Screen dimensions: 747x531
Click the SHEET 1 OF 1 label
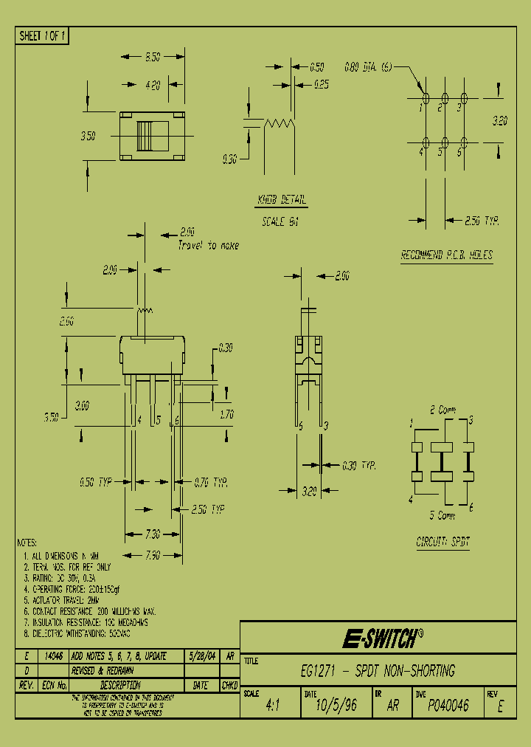pyautogui.click(x=42, y=36)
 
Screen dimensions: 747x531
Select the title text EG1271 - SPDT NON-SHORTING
pyautogui.click(x=378, y=672)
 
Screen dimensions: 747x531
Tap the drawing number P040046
pyautogui.click(x=448, y=706)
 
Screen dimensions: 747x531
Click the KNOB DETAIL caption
pyautogui.click(x=282, y=201)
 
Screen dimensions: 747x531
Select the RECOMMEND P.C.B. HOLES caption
pyautogui.click(x=447, y=255)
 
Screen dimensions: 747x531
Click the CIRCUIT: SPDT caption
pyautogui.click(x=442, y=542)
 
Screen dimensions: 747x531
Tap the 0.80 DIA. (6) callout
pyautogui.click(x=368, y=67)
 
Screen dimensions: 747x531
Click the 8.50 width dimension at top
pyautogui.click(x=153, y=56)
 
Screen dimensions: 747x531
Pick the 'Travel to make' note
pyautogui.click(x=208, y=245)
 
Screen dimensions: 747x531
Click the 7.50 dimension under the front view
pyautogui.click(x=153, y=555)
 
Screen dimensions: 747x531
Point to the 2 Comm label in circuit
pyautogui.click(x=442, y=410)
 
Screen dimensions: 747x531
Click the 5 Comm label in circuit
pyautogui.click(x=442, y=515)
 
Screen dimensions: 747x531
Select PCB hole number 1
pyautogui.click(x=426, y=98)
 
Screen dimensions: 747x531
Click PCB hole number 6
pyautogui.click(x=464, y=142)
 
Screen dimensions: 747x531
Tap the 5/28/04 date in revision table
pyautogui.click(x=201, y=656)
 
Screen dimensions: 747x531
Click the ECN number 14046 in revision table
pyautogui.click(x=53, y=656)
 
